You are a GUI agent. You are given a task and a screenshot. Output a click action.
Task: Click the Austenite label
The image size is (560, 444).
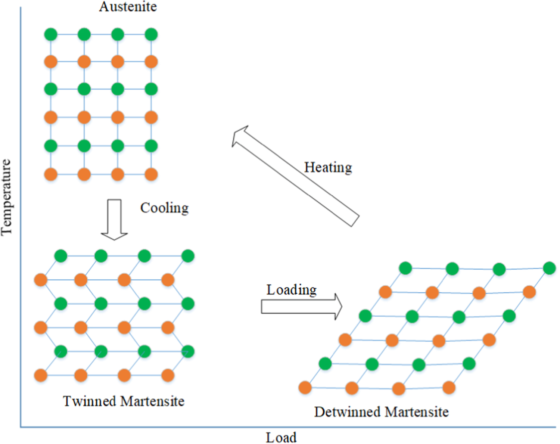pos(128,6)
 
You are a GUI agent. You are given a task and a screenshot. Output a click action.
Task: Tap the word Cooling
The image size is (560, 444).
pos(164,208)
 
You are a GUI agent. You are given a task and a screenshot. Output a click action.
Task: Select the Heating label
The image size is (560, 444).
pos(328,167)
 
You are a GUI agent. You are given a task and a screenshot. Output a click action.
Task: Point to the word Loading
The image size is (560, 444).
pos(291,290)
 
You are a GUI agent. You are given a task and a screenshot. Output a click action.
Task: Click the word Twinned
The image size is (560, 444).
pos(89,401)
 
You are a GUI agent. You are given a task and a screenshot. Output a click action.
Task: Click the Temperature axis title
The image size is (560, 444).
pos(6,197)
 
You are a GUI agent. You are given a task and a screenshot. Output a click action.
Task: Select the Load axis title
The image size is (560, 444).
pos(281,437)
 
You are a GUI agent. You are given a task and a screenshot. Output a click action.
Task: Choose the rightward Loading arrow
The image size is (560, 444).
pos(301,307)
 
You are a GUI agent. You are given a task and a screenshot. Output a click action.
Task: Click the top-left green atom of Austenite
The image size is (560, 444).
pos(51,34)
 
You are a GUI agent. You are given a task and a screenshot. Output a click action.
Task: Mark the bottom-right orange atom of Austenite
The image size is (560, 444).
pos(151,174)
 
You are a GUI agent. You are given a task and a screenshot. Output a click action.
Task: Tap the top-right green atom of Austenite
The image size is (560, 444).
pos(151,34)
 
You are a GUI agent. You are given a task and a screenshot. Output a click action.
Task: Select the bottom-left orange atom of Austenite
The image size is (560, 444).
pos(51,174)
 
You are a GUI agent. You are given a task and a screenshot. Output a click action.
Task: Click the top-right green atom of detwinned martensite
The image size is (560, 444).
pos(549,268)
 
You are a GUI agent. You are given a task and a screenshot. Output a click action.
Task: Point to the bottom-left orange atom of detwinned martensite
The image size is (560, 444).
pos(305,388)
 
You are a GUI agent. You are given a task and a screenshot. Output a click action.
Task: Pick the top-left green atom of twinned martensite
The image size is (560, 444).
pos(60,256)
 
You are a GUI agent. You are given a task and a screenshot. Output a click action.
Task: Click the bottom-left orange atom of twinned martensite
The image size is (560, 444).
pos(41,375)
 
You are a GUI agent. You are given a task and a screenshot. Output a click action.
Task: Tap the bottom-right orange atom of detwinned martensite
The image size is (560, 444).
pos(449,388)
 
